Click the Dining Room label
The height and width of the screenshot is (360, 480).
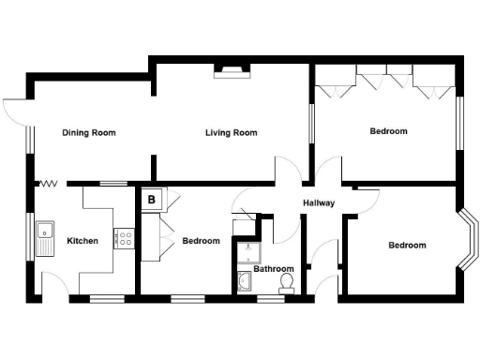pyautogui.click(x=89, y=132)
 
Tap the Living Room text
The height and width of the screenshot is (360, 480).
pyautogui.click(x=231, y=132)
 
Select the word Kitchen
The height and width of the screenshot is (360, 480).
pyautogui.click(x=82, y=241)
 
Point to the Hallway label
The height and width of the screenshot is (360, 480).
pyautogui.click(x=319, y=203)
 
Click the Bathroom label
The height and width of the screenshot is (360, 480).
pyautogui.click(x=274, y=268)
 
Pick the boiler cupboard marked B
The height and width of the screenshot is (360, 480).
pyautogui.click(x=151, y=199)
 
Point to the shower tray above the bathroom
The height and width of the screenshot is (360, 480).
pyautogui.click(x=247, y=250)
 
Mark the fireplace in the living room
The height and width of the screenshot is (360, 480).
pyautogui.click(x=231, y=70)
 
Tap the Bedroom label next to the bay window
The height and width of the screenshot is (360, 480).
pyautogui.click(x=407, y=246)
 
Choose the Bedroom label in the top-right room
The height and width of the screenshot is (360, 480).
pyautogui.click(x=388, y=131)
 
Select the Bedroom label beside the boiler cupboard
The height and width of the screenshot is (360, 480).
pyautogui.click(x=201, y=241)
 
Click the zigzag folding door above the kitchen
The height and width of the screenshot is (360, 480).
pyautogui.click(x=49, y=184)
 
